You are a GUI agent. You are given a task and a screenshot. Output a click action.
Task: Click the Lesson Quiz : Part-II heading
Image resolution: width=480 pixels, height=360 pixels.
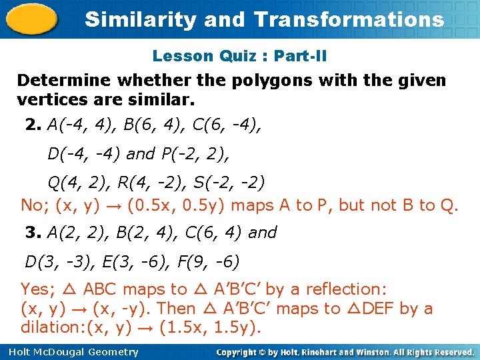coord(239,56)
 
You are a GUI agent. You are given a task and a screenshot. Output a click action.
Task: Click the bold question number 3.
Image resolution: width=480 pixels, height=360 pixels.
coord(32,233)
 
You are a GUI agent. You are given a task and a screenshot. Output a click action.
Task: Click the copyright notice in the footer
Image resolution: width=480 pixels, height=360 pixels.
coord(345,352)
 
